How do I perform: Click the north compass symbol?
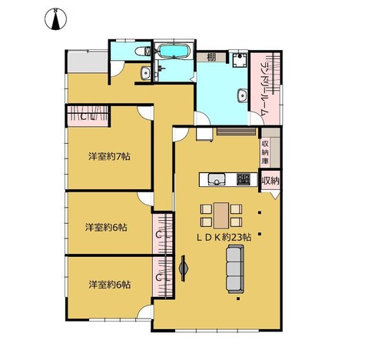55,19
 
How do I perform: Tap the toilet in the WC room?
142,52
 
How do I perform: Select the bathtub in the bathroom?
174,51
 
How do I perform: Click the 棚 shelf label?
211,57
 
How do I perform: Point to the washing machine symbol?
240,60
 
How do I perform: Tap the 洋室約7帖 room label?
109,156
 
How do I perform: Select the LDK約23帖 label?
224,237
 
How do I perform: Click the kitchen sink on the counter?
217,179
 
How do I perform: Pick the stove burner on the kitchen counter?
244,179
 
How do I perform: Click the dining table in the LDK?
221,215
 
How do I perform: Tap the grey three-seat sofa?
235,269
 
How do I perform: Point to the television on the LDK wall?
184,268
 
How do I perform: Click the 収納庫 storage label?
265,152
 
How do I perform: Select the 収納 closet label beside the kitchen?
270,181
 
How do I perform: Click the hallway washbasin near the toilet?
146,73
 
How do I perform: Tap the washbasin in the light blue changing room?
242,95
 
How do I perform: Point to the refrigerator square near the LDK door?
204,134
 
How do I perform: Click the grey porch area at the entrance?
88,62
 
